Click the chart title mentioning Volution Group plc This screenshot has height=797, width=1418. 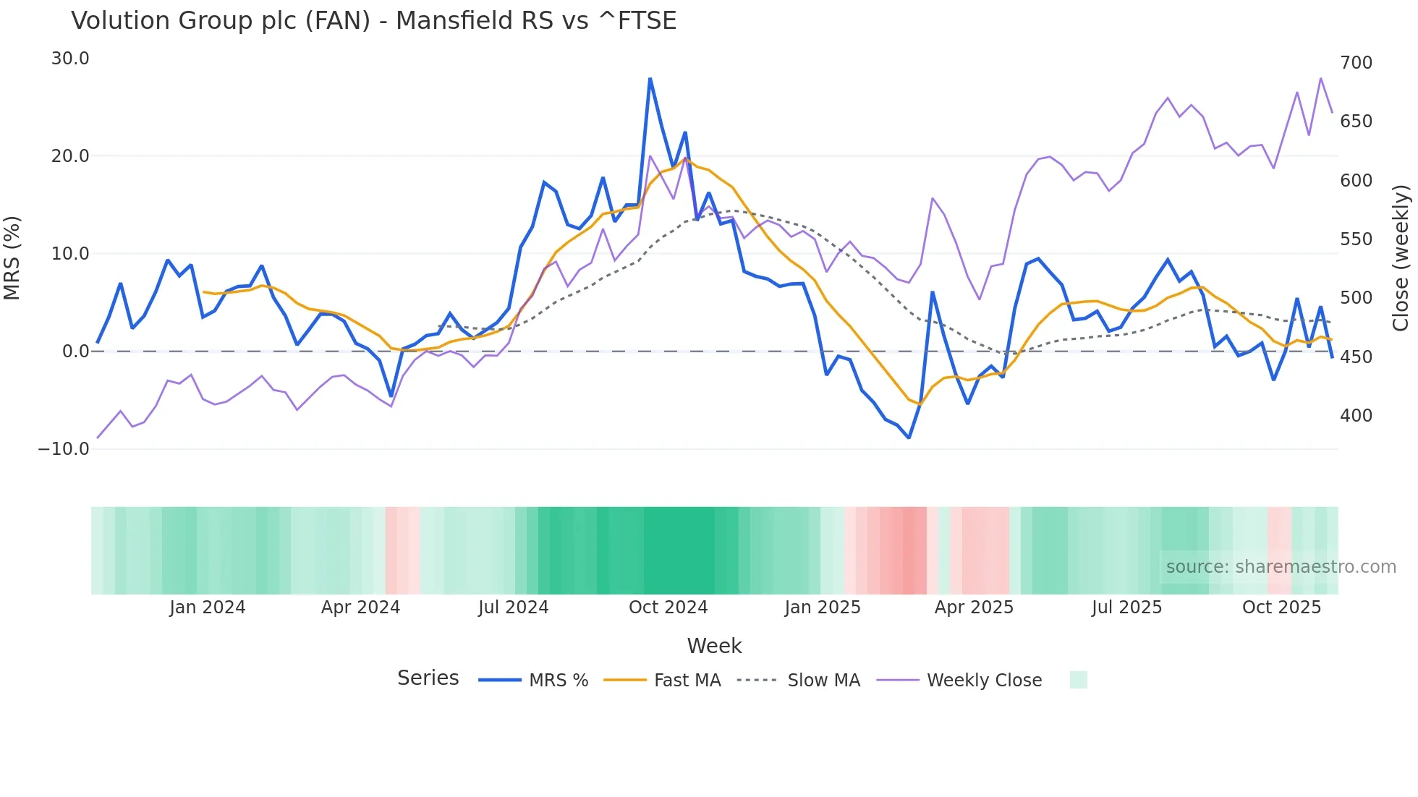[373, 21]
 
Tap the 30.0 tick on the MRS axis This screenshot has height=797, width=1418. [70, 59]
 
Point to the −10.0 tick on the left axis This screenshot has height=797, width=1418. [64, 449]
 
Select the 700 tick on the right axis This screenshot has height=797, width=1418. [1356, 63]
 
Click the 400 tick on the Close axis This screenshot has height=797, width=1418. [1356, 416]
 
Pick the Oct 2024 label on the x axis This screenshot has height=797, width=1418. [668, 608]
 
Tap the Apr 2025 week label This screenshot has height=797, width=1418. [974, 608]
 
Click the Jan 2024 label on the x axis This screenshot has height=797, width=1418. [208, 608]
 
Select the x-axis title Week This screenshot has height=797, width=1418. [714, 646]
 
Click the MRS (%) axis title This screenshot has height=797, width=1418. [12, 257]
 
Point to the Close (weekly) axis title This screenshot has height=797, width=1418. [1401, 257]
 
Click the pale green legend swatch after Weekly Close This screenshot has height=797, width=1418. [1078, 680]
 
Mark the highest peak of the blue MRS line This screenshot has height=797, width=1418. [650, 78]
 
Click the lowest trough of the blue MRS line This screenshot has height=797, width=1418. [909, 438]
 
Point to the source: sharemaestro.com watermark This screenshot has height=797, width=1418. [1281, 567]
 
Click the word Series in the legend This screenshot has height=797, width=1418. [428, 678]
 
